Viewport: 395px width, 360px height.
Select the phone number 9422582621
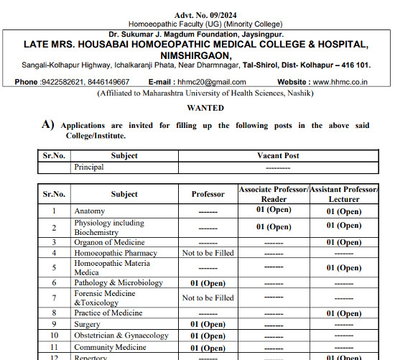pos(65,82)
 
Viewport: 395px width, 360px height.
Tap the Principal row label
pos(89,167)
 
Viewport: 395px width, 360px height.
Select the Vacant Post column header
pos(278,155)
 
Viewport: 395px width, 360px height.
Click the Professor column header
pos(208,194)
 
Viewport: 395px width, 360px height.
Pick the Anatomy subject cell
pos(89,211)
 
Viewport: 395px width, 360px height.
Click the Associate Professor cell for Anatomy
pos(272,211)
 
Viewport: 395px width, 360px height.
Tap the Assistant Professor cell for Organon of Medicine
pos(344,243)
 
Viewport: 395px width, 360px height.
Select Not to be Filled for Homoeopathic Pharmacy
pos(208,253)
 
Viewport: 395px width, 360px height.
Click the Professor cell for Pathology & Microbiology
pos(208,283)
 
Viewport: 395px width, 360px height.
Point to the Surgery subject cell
pos(88,324)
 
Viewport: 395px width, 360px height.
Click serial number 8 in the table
pos(54,313)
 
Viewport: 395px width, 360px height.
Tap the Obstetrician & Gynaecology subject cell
pos(121,336)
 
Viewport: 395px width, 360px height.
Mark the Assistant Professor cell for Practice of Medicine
pos(344,313)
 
